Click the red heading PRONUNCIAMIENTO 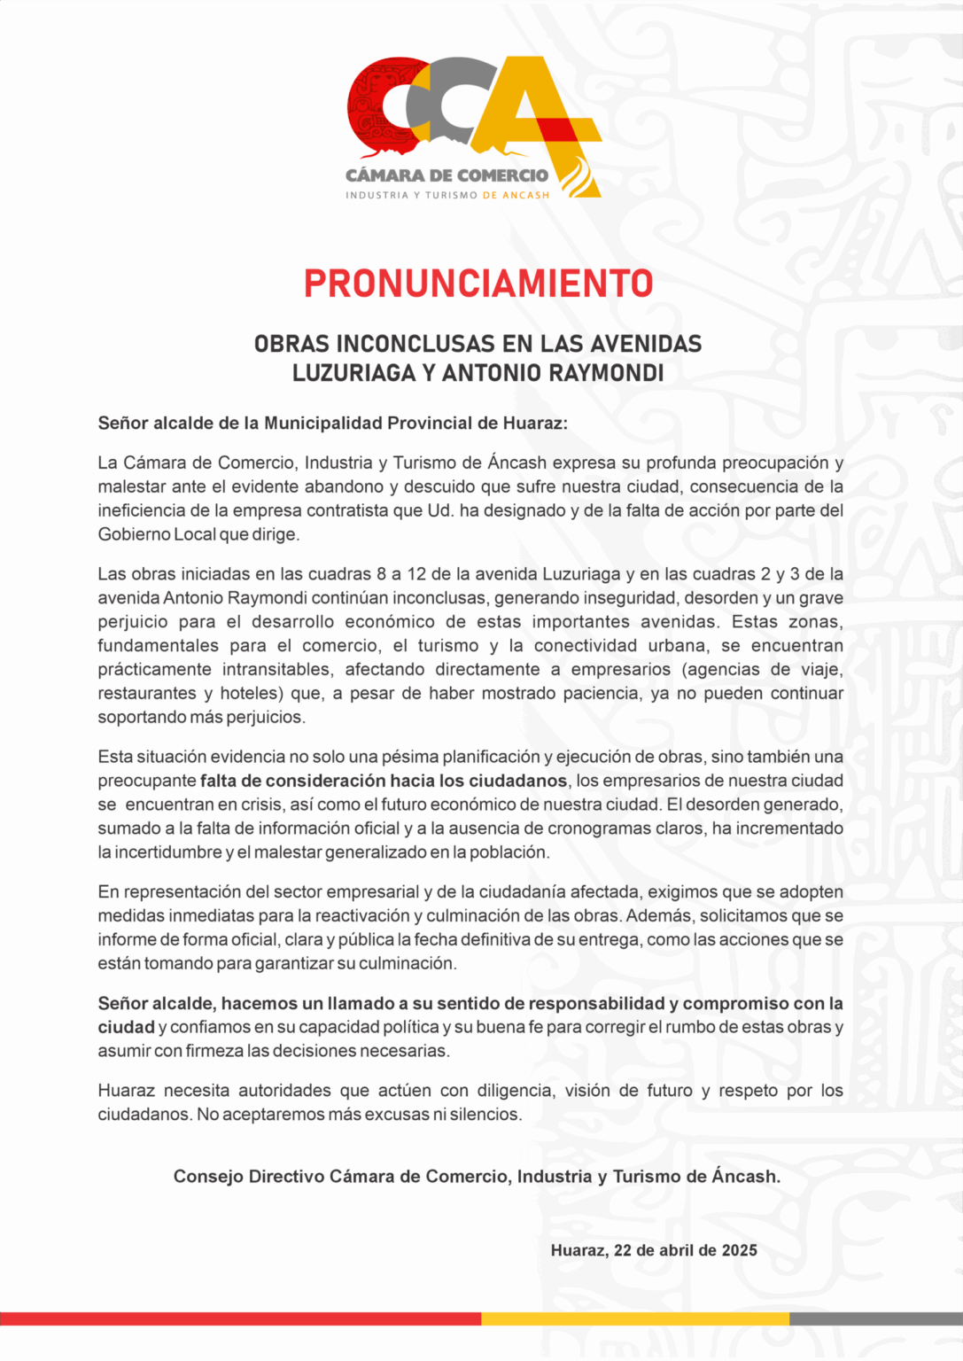(478, 284)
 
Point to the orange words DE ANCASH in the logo (516, 195)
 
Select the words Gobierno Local (157, 534)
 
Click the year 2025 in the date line (739, 1250)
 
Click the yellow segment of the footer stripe (634, 1318)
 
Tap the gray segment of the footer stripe (875, 1318)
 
